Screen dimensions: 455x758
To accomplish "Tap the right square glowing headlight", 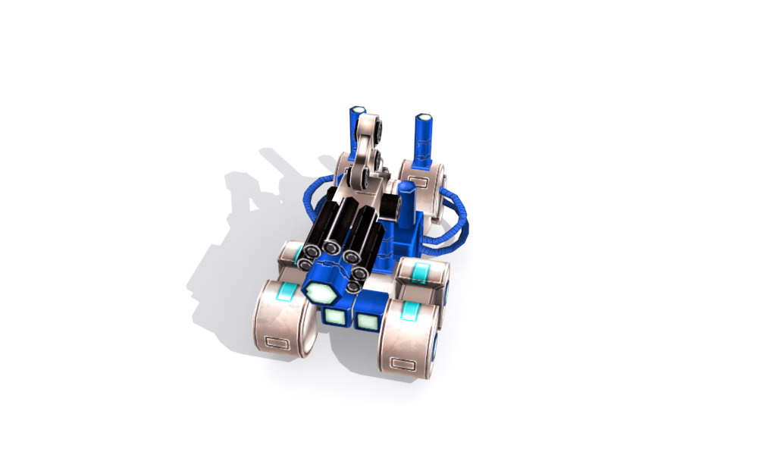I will [x=367, y=322].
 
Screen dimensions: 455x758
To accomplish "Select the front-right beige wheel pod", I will [x=409, y=339].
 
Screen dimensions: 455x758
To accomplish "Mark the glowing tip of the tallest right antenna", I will [x=424, y=119].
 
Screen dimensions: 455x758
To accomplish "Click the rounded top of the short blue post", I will [x=406, y=187].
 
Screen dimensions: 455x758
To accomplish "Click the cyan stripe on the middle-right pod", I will [x=422, y=271].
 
